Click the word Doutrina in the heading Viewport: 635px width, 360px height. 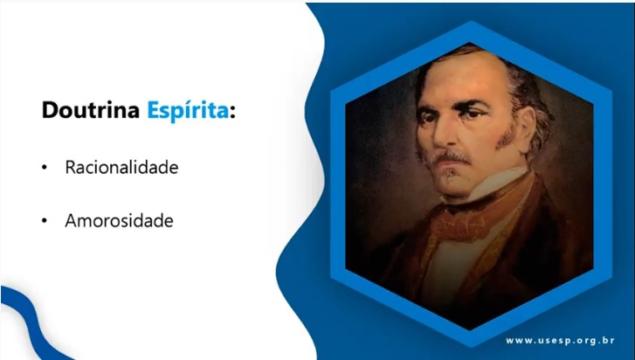click(91, 109)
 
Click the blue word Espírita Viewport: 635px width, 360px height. click(188, 111)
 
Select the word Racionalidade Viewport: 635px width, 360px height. click(121, 167)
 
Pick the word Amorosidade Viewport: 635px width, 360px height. click(119, 221)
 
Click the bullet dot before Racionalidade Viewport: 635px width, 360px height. click(45, 167)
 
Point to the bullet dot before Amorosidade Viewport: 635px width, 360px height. click(45, 221)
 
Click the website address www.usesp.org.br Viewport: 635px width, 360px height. click(560, 341)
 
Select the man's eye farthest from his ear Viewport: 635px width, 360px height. click(427, 117)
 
